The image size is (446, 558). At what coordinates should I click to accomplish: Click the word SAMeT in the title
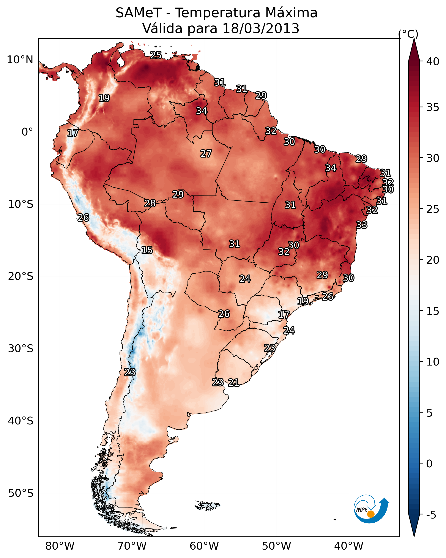[139, 13]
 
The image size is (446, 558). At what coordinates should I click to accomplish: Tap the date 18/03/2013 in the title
[261, 28]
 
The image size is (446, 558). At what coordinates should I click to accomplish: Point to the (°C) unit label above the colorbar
[408, 34]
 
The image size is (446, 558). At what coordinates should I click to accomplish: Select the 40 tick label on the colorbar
[433, 61]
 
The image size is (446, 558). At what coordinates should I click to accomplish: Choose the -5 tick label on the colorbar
[431, 515]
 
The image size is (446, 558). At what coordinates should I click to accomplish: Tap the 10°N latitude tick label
[20, 60]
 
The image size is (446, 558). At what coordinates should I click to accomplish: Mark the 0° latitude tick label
[27, 132]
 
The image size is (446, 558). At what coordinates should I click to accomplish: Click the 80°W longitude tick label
[60, 546]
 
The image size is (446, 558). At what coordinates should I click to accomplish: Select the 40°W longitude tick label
[349, 546]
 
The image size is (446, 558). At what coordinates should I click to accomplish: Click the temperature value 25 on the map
[156, 55]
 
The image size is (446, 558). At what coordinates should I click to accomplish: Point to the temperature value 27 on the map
[206, 154]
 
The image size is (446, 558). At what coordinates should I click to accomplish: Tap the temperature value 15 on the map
[147, 250]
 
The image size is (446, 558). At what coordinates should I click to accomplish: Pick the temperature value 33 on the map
[361, 225]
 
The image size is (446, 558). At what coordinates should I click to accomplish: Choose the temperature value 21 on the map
[233, 383]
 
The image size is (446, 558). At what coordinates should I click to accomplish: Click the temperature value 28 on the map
[150, 203]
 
